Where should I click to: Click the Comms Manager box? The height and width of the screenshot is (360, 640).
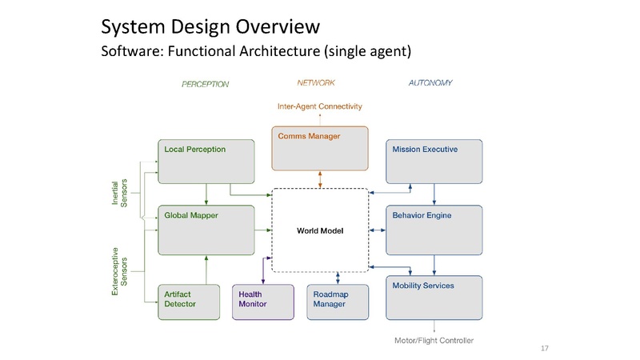(320, 148)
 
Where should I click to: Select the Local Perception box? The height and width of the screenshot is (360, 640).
(206, 161)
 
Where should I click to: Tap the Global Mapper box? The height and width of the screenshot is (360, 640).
(206, 228)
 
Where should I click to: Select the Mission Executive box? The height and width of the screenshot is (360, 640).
(434, 161)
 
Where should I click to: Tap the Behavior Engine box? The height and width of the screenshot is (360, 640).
(434, 228)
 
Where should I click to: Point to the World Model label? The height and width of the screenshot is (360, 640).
(320, 231)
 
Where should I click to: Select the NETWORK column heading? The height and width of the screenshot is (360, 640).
(316, 82)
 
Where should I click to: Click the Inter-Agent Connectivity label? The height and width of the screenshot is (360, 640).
(320, 106)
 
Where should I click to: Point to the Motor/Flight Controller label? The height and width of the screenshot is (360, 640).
(434, 341)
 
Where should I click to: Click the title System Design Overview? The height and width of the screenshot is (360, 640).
(210, 28)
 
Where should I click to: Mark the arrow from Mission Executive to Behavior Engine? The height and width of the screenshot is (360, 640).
(434, 194)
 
